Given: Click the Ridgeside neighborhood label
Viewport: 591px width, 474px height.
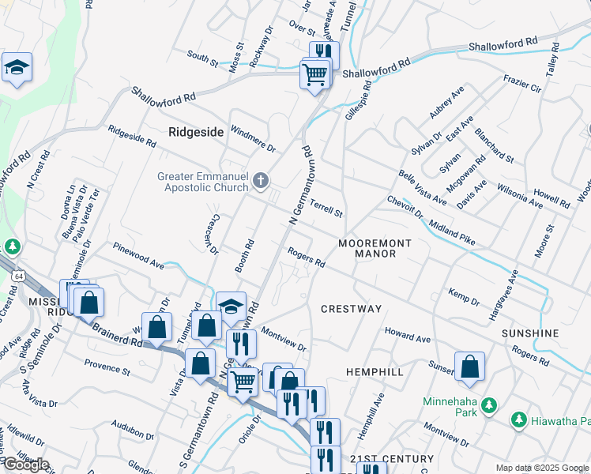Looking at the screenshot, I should tap(196, 132).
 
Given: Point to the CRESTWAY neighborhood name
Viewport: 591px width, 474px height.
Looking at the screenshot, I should tap(351, 309).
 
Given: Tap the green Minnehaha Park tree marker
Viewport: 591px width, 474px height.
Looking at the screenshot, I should tap(489, 406).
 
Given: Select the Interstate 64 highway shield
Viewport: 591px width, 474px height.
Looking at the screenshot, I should tap(18, 274).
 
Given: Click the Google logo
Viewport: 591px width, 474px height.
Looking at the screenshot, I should tap(26, 465).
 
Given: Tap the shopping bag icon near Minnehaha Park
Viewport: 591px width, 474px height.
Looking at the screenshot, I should tap(469, 367).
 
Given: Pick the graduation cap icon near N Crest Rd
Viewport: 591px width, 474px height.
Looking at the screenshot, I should tap(17, 69).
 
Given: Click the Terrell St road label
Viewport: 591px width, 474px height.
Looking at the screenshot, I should tap(326, 209).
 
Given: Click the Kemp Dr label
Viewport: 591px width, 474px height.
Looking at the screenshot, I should tap(463, 297).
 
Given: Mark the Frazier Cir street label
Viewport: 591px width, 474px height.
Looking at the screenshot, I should tap(521, 83).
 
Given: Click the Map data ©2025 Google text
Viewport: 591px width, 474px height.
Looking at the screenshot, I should tap(542, 467).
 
